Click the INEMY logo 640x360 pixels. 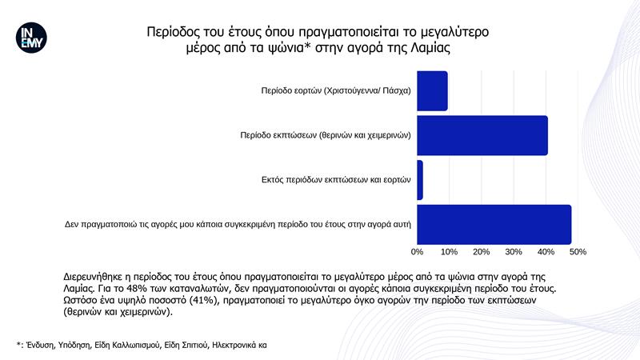coord(31,38)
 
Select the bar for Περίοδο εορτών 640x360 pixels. coord(432,90)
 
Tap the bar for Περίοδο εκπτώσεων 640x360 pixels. coord(482,135)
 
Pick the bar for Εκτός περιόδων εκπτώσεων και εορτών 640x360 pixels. coord(420,180)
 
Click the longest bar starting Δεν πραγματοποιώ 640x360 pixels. coord(494,225)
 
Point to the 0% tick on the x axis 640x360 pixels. coord(417,252)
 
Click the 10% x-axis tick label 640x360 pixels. coord(449,252)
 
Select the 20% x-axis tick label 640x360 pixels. coord(482,252)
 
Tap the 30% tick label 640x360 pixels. coord(514,252)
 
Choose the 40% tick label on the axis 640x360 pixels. coord(546,252)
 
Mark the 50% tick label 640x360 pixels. coord(578,252)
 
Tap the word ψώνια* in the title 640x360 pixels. coord(287,48)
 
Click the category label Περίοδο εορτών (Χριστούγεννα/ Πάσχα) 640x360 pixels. coord(336,90)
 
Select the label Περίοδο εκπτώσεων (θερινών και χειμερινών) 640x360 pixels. coord(326,135)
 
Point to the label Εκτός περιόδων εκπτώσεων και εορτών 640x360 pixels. coord(336,179)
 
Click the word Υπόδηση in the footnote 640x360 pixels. coord(74,346)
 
